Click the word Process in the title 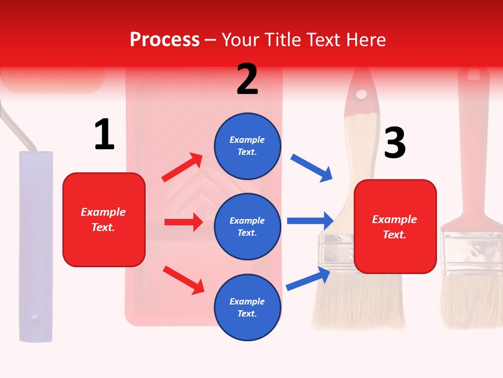click(165, 40)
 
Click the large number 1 click(104, 135)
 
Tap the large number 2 click(247, 80)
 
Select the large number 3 click(395, 143)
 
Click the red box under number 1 click(104, 219)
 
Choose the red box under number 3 click(395, 226)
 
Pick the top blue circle click(247, 146)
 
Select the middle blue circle click(247, 226)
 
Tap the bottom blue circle click(247, 307)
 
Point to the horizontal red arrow click(183, 222)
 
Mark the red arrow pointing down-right click(183, 280)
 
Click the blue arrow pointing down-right click(312, 167)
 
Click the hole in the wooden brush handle click(362, 94)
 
